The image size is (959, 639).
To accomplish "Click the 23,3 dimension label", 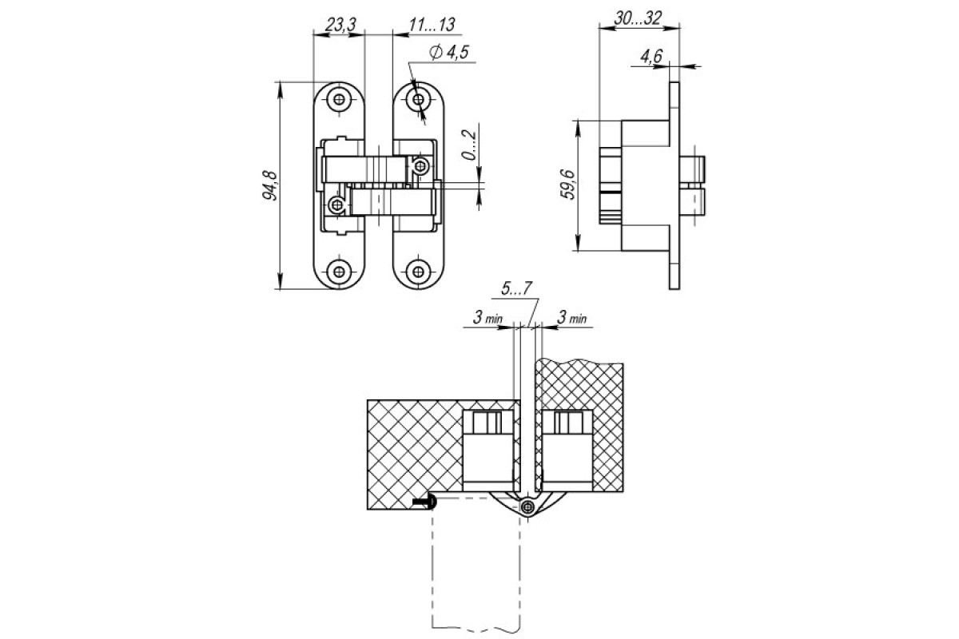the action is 340,25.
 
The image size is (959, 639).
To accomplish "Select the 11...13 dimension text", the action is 431,25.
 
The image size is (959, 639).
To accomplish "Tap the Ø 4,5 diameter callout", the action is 448,52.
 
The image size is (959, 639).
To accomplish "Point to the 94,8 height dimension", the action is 271,185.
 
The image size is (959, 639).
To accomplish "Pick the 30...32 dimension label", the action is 638,18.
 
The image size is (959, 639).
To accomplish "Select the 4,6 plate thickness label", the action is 651,56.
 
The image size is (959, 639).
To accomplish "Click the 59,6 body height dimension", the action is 569,185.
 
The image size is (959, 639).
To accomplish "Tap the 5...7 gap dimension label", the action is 517,289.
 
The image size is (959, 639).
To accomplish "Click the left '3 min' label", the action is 487,318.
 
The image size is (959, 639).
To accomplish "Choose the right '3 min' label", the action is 571,318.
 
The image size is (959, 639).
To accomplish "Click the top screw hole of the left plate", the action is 339,100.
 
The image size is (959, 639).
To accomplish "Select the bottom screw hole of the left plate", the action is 339,272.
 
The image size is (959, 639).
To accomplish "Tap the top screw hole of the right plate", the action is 418,100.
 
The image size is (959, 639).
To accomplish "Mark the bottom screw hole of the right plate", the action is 418,272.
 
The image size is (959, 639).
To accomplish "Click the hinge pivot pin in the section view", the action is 528,506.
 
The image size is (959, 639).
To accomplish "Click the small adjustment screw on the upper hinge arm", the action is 420,165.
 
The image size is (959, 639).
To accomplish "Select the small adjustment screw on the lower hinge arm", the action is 337,205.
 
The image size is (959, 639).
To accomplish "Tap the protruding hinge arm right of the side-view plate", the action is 692,185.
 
